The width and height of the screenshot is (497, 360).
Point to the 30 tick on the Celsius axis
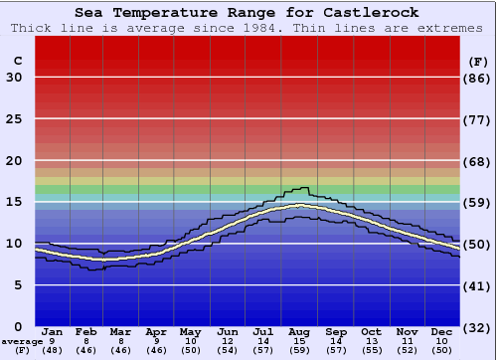(15, 78)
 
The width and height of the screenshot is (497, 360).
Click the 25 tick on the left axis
(15, 119)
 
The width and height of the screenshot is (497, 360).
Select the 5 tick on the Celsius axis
(19, 285)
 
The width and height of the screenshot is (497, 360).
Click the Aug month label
(299, 331)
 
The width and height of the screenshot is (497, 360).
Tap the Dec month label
(442, 331)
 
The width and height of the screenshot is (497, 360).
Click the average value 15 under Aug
(299, 341)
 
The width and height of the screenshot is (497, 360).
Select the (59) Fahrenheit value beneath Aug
(299, 350)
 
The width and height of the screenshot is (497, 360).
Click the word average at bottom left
(22, 341)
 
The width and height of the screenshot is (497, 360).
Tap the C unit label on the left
(17, 62)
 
